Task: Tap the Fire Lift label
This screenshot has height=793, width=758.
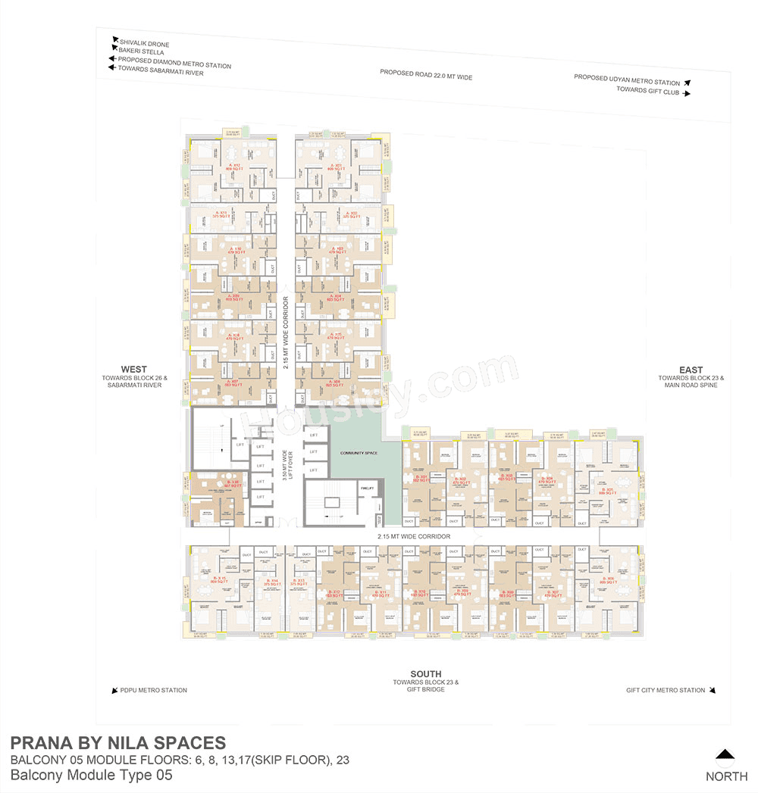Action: [x=368, y=489]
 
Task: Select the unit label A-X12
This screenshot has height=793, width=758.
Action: [x=236, y=166]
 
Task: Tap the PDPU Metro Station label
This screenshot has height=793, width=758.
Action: [x=153, y=690]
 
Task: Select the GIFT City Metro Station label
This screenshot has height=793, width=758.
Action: [x=666, y=690]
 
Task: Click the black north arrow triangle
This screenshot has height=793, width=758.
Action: [x=725, y=754]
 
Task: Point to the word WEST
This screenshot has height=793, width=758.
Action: [x=134, y=370]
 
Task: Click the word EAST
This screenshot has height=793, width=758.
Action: [x=691, y=370]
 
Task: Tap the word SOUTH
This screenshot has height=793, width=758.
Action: [x=425, y=674]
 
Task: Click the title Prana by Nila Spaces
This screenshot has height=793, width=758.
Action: [x=117, y=742]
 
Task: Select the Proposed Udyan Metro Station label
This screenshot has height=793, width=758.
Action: [x=627, y=81]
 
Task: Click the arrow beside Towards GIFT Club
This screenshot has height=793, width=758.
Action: [x=687, y=93]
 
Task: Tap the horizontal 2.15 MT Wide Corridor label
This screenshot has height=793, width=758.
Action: [x=415, y=536]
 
